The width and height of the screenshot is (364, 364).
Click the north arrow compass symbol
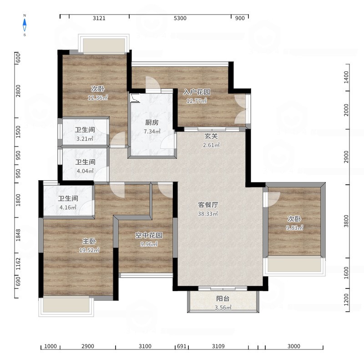pyautogui.click(x=25, y=25)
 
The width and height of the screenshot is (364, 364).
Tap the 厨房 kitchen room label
pyautogui.click(x=152, y=122)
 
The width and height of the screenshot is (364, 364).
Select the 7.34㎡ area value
pyautogui.click(x=152, y=131)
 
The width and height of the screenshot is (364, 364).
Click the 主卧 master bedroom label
pyautogui.click(x=89, y=242)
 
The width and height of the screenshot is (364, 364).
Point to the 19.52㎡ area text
pyautogui.click(x=89, y=250)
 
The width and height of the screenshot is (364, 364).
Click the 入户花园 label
pyautogui.click(x=197, y=92)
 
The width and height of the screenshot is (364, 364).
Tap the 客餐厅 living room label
pyautogui.click(x=208, y=205)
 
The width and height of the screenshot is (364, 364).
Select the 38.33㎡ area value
pyautogui.click(x=208, y=213)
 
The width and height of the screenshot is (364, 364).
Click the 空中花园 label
pyautogui.click(x=149, y=235)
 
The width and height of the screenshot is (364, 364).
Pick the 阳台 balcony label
pyautogui.click(x=223, y=298)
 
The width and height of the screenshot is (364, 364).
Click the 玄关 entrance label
pyautogui.click(x=211, y=136)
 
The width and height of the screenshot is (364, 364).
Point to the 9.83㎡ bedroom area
pyautogui.click(x=294, y=228)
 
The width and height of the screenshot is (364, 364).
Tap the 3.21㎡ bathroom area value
pyautogui.click(x=85, y=139)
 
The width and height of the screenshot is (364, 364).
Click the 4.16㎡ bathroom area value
pyautogui.click(x=68, y=207)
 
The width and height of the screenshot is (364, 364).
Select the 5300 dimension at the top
pyautogui.click(x=180, y=18)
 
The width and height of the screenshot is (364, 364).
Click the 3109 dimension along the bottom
pyautogui.click(x=218, y=346)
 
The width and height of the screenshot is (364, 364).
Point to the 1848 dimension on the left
pyautogui.click(x=18, y=235)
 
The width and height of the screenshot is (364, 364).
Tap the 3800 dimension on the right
pyautogui.click(x=346, y=221)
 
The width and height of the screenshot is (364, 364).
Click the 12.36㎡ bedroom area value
pyautogui.click(x=98, y=97)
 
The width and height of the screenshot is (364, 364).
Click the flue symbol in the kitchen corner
pyautogui.click(x=135, y=98)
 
